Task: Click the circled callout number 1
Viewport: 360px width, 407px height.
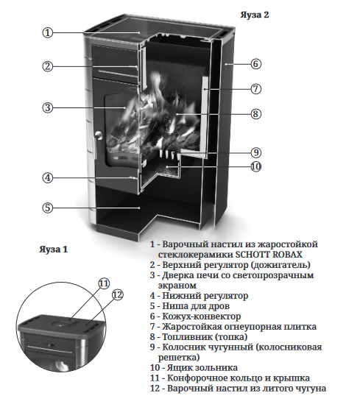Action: [48, 32]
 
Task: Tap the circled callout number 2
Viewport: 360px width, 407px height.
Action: [48, 66]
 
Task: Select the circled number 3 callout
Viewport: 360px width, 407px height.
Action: [48, 107]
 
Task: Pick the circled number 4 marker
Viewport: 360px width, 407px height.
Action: [48, 178]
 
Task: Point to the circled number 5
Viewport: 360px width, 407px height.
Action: [48, 208]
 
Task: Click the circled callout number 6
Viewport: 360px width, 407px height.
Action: [255, 63]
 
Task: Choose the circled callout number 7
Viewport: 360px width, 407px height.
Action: [255, 89]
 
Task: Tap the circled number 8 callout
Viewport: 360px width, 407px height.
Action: [255, 113]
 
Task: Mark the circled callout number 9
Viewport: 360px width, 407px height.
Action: [255, 152]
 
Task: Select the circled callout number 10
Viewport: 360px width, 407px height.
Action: [255, 166]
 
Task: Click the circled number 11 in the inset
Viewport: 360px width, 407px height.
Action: [104, 283]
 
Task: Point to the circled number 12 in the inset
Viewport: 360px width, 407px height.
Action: [117, 295]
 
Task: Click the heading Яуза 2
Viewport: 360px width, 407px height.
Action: [255, 15]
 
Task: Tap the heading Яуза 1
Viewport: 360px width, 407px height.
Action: [54, 249]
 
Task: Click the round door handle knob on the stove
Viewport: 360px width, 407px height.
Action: [99, 135]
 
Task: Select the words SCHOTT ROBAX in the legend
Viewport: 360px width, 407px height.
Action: [269, 255]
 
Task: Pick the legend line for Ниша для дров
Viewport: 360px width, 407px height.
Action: [190, 306]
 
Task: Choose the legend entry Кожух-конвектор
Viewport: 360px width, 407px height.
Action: [195, 316]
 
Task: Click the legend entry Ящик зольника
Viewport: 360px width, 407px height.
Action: [194, 368]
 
